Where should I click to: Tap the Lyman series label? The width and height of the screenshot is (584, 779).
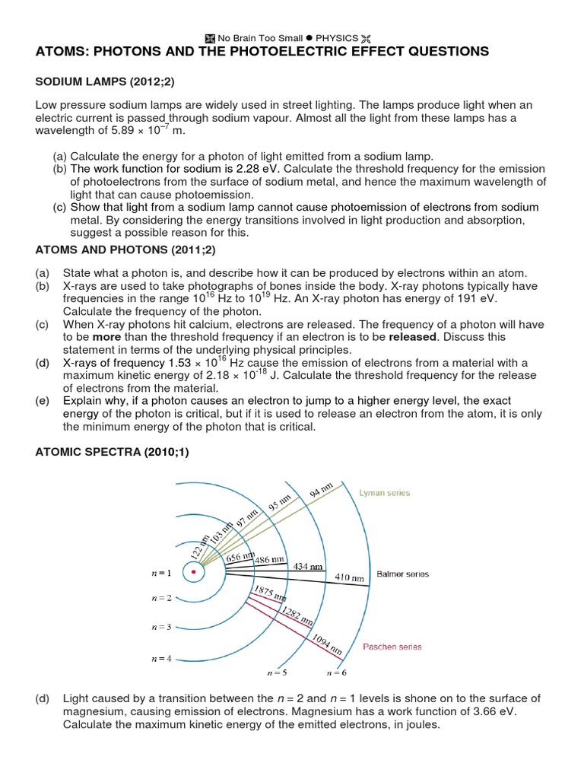385,493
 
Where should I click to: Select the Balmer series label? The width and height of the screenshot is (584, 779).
402,574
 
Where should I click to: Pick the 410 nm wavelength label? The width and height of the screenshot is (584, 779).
349,577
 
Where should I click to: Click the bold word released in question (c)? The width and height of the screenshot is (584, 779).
412,336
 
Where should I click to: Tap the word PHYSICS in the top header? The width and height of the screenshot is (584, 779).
337,38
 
